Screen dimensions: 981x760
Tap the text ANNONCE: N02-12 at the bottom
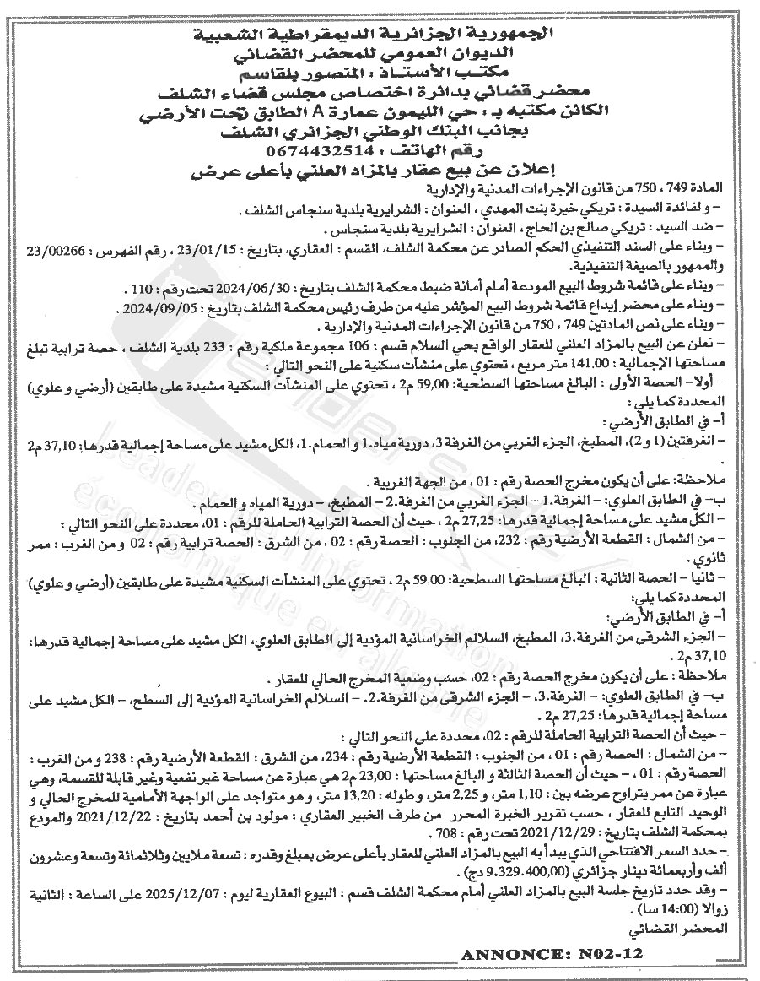pyautogui.click(x=552, y=953)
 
